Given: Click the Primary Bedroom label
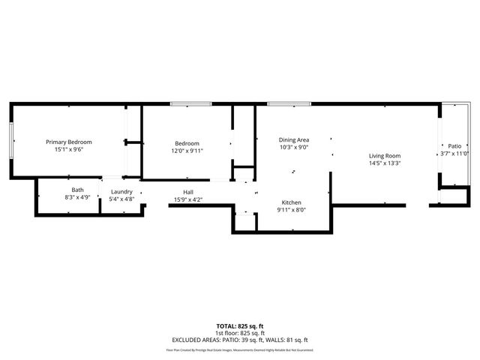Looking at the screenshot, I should [x=68, y=142].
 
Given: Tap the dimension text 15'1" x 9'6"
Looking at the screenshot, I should [x=68, y=150].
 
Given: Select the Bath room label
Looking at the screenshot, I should [x=77, y=190].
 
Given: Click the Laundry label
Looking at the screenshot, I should [x=121, y=192].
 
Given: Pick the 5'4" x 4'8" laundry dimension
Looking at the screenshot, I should [x=121, y=199].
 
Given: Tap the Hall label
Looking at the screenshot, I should [x=188, y=192].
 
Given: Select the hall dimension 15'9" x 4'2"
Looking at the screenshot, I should [x=188, y=199].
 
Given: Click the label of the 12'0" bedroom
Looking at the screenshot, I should [x=187, y=143].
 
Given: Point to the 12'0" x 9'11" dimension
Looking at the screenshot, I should [x=187, y=151].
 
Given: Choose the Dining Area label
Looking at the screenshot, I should [x=294, y=139].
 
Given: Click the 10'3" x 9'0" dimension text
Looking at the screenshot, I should [x=294, y=147].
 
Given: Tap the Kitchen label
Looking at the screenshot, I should [x=292, y=202].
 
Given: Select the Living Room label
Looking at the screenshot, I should [x=385, y=156].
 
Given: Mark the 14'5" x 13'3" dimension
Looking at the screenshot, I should [x=385, y=163].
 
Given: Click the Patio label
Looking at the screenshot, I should [x=454, y=146].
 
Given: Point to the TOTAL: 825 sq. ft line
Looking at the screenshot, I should [x=240, y=326].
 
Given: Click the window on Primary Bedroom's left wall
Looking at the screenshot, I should [x=10, y=139].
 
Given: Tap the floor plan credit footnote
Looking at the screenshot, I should [x=240, y=350].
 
